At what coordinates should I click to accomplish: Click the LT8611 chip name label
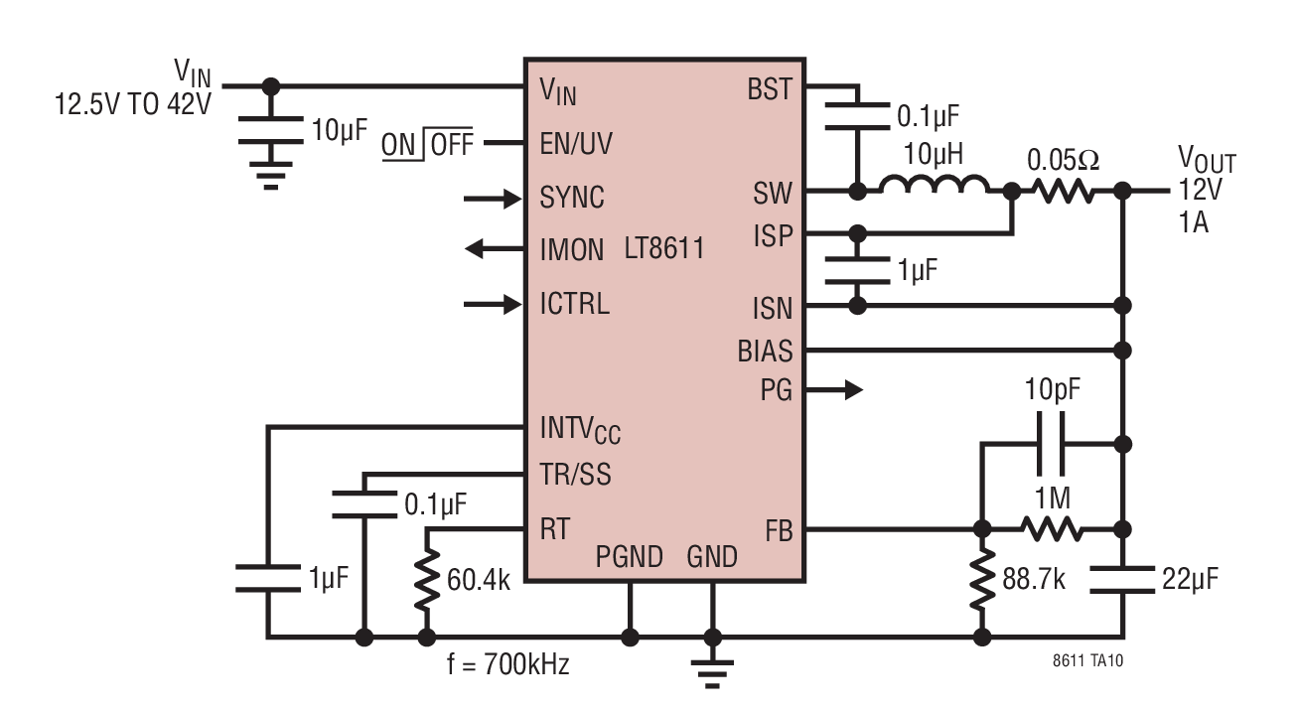click(x=664, y=248)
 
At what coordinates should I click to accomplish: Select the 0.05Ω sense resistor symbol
click(x=1063, y=190)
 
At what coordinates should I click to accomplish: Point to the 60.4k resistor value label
click(x=479, y=580)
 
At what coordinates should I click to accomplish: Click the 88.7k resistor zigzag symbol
click(x=982, y=579)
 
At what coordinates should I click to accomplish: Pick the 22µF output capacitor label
click(x=1190, y=579)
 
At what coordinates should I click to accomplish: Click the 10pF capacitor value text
click(x=1053, y=389)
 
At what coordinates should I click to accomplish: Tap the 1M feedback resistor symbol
click(x=1052, y=529)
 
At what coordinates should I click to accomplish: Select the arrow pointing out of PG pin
click(x=834, y=390)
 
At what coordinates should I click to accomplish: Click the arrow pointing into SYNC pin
click(x=493, y=199)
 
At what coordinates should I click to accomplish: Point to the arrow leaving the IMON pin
click(x=495, y=249)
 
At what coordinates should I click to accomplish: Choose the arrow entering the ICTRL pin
click(x=493, y=304)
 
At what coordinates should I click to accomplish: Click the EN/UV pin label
click(x=576, y=144)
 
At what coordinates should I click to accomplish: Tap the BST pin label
click(x=770, y=89)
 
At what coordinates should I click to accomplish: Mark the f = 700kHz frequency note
click(x=508, y=664)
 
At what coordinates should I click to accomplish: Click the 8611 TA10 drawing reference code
click(x=1087, y=660)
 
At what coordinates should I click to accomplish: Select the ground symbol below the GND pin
click(x=712, y=673)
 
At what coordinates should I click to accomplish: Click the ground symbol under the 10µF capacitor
click(x=270, y=176)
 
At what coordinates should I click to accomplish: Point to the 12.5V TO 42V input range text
click(x=133, y=105)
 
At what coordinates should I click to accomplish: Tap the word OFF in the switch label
click(x=452, y=144)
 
